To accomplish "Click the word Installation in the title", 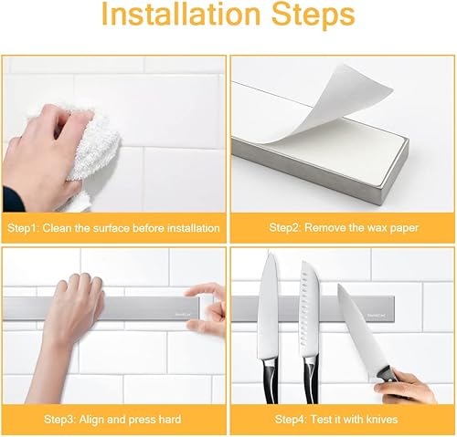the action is tap(180, 14).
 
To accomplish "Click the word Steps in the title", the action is tap(314, 16).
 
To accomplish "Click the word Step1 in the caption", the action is tap(23, 228).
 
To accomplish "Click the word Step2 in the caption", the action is tap(285, 228).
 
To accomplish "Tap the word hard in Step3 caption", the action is tap(170, 420).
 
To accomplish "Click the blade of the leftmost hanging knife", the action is tap(268, 304).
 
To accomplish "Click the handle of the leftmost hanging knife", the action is tap(271, 380).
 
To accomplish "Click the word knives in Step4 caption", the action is tap(382, 420).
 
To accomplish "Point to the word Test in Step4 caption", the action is tap(321, 420).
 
